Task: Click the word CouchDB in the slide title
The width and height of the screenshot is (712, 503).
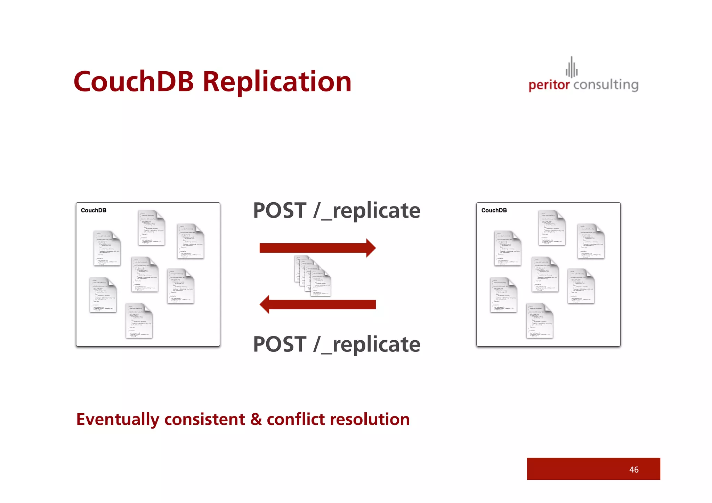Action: pos(133,82)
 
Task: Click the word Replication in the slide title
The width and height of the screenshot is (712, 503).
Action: pos(277,82)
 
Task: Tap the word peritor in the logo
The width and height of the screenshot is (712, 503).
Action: pos(549,85)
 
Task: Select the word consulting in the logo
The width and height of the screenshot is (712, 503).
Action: pos(606,85)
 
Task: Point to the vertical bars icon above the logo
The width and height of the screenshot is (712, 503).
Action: pos(572,67)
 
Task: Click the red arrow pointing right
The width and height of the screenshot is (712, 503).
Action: pos(317,248)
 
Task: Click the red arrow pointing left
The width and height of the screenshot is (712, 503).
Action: pos(317,305)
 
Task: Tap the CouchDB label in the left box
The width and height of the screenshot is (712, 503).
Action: pos(94,210)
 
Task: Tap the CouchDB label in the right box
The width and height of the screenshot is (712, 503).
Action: pos(494,210)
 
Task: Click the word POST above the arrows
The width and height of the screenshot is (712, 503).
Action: pos(280,211)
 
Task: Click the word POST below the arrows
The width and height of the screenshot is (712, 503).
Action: pos(280,344)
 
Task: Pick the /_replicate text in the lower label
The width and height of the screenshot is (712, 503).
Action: pos(367,345)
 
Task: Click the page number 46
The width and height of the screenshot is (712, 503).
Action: pos(634,470)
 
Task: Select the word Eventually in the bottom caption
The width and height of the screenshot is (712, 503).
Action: pos(118,420)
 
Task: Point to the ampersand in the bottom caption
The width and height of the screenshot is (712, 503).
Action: pos(256,419)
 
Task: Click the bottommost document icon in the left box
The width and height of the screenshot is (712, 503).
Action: pos(139,321)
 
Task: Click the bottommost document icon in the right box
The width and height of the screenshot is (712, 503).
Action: pos(540,321)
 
